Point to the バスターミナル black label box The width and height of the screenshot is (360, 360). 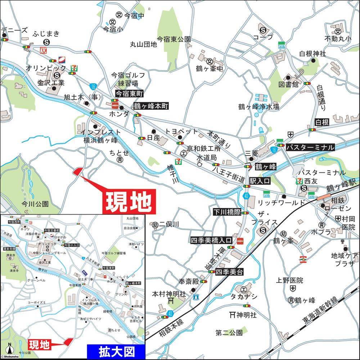coord(310,147)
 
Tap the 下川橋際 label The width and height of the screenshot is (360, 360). coord(227,212)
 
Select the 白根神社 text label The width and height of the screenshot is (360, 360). coord(312,54)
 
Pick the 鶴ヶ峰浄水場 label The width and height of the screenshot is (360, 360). coord(259,107)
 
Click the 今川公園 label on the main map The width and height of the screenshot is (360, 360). coord(35,204)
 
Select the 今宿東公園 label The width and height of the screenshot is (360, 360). coord(174,39)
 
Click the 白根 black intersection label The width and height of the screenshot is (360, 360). coord(322,122)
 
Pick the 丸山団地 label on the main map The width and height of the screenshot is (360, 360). coord(144,45)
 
